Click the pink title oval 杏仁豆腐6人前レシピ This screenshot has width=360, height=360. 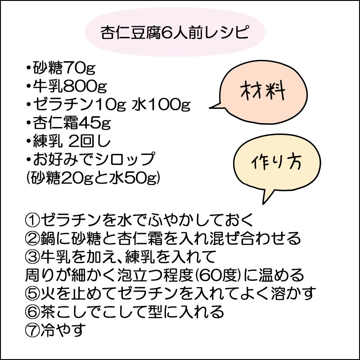click(x=175, y=32)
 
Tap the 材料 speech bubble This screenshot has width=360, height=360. click(x=262, y=92)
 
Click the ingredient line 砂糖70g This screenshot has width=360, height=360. click(x=61, y=68)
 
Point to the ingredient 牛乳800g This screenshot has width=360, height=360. click(x=67, y=86)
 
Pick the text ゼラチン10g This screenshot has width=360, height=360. click(x=80, y=104)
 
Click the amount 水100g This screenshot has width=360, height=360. click(x=161, y=104)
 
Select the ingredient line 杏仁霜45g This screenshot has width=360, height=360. click(x=68, y=122)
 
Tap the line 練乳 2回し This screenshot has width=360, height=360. click(x=68, y=141)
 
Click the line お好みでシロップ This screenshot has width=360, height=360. click(x=91, y=159)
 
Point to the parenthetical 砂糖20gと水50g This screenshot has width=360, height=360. click(x=93, y=178)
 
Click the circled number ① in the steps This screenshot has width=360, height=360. click(x=32, y=220)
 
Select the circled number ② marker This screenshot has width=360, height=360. click(x=32, y=238)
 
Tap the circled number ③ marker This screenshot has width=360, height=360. click(x=32, y=256)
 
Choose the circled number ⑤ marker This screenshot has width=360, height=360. click(x=32, y=293)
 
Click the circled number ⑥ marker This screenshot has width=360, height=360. click(x=32, y=312)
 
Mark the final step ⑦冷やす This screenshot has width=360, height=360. click(x=55, y=330)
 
